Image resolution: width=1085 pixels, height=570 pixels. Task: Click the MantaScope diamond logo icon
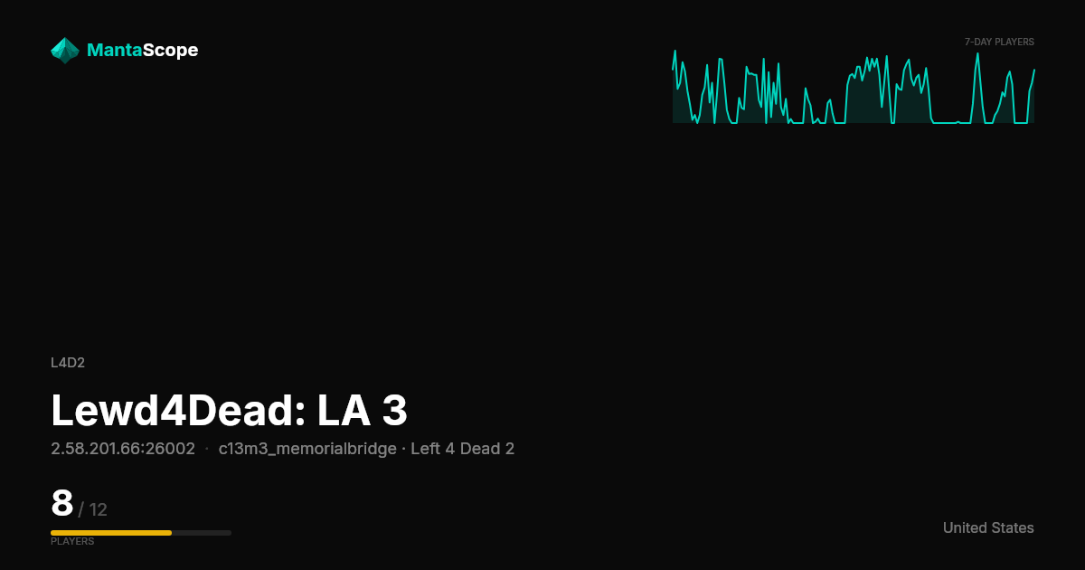point(65,51)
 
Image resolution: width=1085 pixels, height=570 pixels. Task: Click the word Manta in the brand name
point(114,50)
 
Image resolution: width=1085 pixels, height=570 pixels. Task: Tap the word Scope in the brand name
point(171,51)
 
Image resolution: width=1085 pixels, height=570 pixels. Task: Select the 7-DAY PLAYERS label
point(999,43)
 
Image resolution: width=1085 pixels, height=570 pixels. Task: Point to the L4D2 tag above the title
point(68,363)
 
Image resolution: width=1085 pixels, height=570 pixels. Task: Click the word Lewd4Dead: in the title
point(178,411)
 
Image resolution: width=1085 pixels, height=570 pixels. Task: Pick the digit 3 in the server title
point(395,411)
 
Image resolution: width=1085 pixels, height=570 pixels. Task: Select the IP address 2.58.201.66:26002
point(123,449)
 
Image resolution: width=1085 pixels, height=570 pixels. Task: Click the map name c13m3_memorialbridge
point(307,449)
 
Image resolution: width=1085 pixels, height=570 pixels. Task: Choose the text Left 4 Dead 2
point(463,449)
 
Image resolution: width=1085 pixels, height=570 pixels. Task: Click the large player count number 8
point(62,503)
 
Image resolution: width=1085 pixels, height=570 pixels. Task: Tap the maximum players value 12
point(99,510)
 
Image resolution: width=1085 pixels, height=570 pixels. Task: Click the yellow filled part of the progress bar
point(111,533)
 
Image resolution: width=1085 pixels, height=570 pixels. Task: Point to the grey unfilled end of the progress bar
point(202,533)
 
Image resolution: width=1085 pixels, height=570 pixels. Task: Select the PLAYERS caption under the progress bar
point(72,541)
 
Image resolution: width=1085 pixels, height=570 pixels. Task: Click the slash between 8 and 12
point(80,510)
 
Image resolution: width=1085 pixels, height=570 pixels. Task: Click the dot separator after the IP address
point(207,450)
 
